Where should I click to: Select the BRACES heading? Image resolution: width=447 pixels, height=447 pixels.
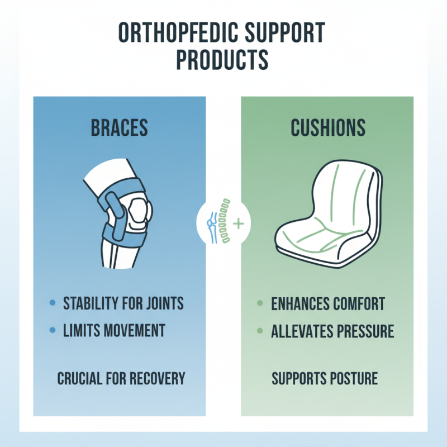pyautogui.click(x=119, y=128)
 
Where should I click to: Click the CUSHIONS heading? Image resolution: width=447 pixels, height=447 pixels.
pyautogui.click(x=327, y=128)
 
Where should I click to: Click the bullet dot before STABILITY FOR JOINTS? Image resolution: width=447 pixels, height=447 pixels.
pyautogui.click(x=53, y=304)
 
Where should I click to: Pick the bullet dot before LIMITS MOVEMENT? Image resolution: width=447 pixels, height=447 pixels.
pyautogui.click(x=53, y=330)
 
